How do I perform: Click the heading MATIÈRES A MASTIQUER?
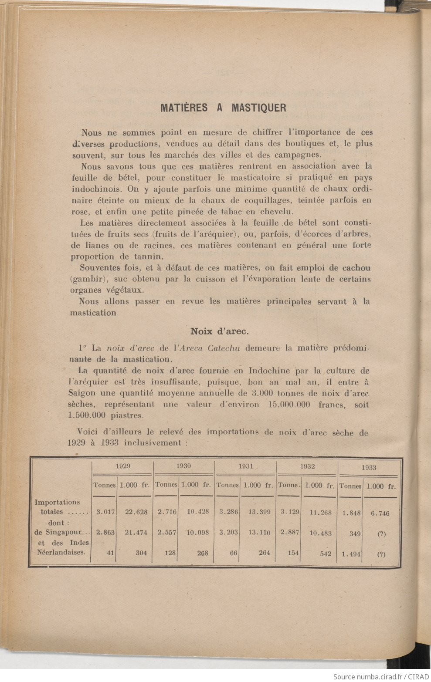click(223, 108)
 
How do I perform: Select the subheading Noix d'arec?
click(220, 331)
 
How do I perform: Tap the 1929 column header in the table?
click(122, 466)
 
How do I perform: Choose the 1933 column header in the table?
click(369, 467)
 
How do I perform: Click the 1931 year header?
click(246, 466)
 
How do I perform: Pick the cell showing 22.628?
click(134, 512)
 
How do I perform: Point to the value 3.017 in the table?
click(105, 512)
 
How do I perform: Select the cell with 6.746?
click(380, 513)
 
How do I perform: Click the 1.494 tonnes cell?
click(351, 554)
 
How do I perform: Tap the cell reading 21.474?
click(134, 532)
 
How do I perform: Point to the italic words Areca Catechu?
click(207, 348)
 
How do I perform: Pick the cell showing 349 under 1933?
click(353, 533)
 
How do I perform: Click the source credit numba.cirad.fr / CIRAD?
click(380, 676)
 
